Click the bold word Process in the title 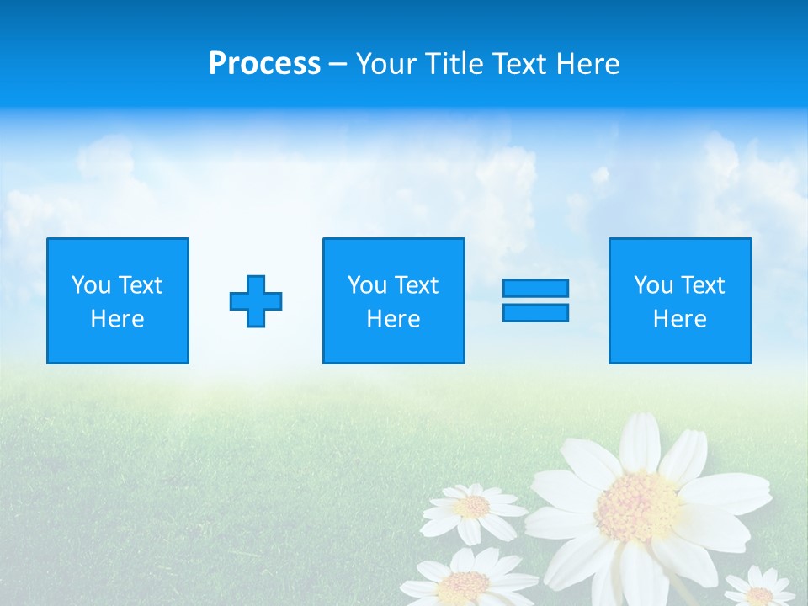264,64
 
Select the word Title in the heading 453,64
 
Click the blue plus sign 256,301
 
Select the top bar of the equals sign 535,288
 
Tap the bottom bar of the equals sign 535,312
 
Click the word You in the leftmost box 91,285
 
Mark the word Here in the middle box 393,319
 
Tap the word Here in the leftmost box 117,319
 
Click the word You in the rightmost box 653,285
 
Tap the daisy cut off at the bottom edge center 465,582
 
